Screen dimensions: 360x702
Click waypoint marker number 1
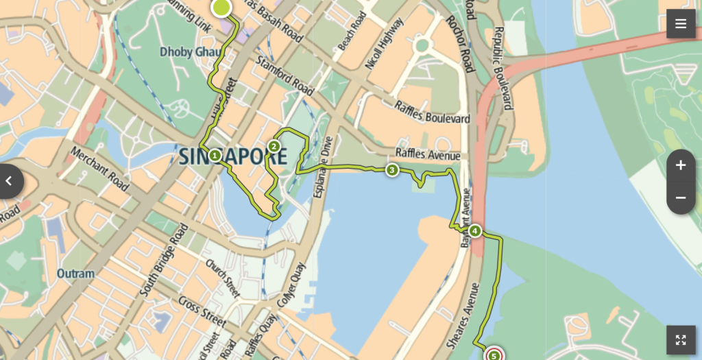pyautogui.click(x=215, y=155)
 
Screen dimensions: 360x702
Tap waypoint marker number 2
pyautogui.click(x=274, y=146)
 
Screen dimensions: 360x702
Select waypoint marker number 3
pyautogui.click(x=391, y=170)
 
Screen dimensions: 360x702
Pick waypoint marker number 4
pyautogui.click(x=475, y=230)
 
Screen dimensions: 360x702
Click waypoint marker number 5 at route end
pyautogui.click(x=494, y=355)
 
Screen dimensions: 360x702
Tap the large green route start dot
pyautogui.click(x=221, y=8)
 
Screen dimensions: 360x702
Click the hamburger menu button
pyautogui.click(x=681, y=24)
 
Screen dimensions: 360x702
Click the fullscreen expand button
pyautogui.click(x=681, y=339)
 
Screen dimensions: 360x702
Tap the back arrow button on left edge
pyautogui.click(x=10, y=181)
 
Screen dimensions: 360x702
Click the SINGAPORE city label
pyautogui.click(x=233, y=156)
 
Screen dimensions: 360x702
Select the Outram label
pyautogui.click(x=75, y=274)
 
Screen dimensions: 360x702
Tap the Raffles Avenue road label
pyautogui.click(x=428, y=155)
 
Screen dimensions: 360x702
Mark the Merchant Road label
pyautogui.click(x=99, y=169)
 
